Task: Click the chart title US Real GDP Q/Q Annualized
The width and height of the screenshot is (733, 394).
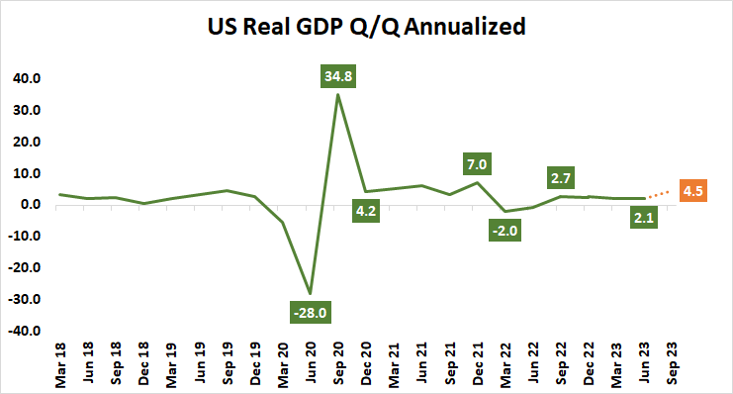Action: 366,27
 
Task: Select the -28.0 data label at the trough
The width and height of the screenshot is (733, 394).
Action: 311,313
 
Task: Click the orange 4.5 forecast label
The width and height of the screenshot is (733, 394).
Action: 691,190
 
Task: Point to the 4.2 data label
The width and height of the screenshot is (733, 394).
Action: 366,210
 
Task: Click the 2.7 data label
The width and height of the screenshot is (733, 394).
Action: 561,177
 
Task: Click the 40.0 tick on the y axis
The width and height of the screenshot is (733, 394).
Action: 24,78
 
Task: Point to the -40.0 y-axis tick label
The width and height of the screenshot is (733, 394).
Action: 22,331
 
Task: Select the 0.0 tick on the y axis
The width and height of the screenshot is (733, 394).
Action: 27,205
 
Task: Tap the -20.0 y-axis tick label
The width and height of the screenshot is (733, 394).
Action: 22,267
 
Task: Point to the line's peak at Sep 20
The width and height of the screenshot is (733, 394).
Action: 338,95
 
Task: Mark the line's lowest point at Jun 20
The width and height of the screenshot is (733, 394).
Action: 311,293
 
